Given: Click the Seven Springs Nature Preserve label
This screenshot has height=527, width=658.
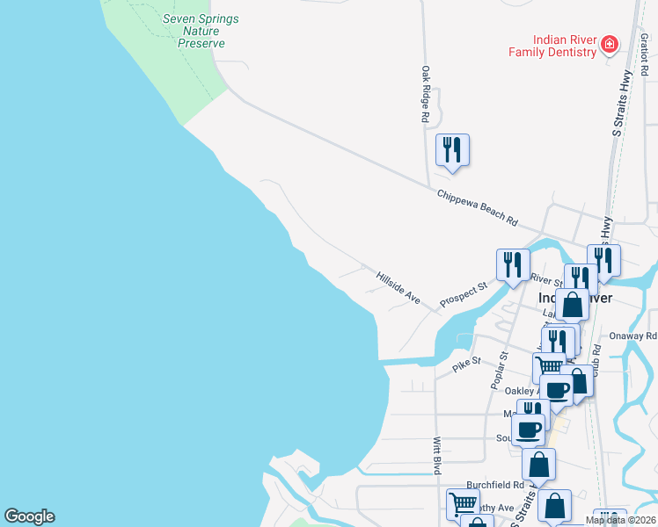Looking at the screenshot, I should (201, 31).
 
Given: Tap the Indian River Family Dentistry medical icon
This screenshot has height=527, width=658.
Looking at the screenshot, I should (609, 45).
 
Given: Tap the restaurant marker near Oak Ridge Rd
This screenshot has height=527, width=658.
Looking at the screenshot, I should (452, 149).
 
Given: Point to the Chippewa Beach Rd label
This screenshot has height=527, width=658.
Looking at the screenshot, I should (477, 206).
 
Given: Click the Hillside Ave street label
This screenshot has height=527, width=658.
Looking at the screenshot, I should (398, 287).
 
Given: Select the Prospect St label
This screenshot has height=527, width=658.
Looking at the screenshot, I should (464, 292).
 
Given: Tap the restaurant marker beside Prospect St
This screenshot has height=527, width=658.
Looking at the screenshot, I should (512, 264).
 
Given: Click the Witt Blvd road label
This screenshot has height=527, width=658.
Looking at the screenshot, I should (436, 457).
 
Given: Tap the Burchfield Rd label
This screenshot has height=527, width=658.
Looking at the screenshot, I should (495, 484).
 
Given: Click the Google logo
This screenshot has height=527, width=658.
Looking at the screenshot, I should (29, 516).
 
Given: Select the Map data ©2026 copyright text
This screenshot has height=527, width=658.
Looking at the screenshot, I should (620, 520).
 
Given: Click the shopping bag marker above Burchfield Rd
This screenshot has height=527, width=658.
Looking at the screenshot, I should (538, 464).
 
